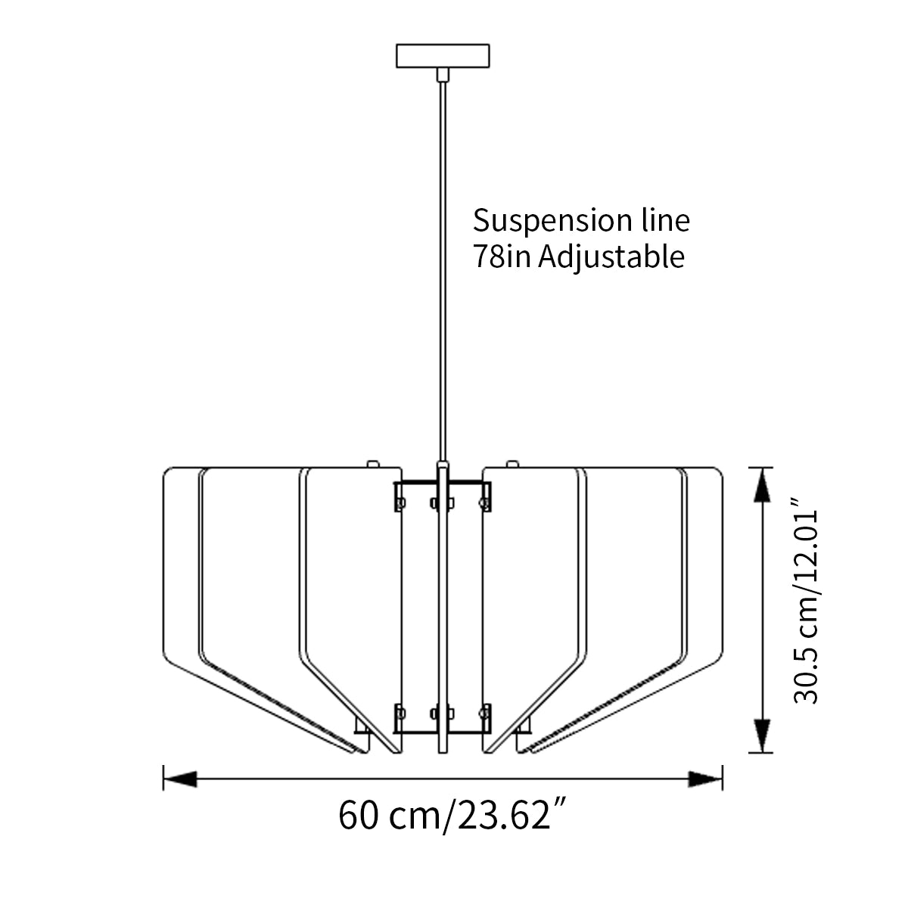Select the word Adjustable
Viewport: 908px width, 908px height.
coord(612,258)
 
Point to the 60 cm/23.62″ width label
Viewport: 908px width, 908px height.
coord(453,815)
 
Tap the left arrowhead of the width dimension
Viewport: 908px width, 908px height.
coord(180,778)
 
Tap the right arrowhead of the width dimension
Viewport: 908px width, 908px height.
coord(706,778)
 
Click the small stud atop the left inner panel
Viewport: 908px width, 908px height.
coord(372,462)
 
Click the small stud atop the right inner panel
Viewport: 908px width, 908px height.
coord(512,462)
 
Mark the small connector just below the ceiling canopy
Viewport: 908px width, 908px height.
coord(443,73)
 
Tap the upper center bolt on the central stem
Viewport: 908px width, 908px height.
coord(443,502)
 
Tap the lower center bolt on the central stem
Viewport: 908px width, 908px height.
coord(443,712)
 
